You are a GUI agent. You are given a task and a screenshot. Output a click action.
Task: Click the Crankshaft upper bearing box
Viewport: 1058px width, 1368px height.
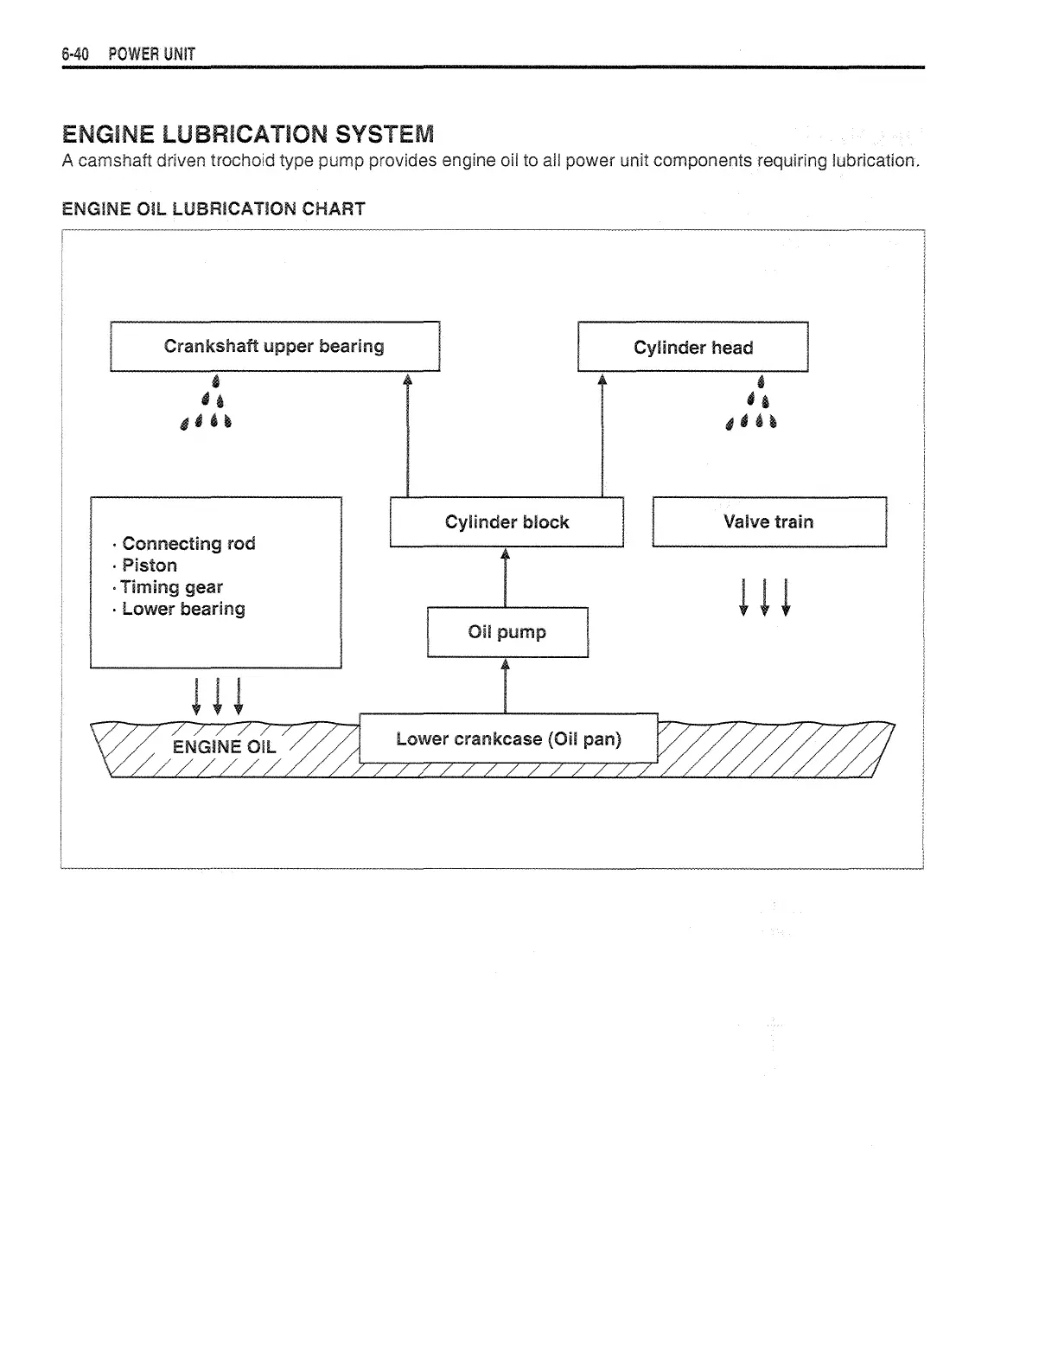(275, 347)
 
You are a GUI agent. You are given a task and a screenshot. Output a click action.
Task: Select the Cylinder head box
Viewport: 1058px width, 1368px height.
(692, 348)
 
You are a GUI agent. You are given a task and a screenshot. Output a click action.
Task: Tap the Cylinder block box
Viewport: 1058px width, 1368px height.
(507, 522)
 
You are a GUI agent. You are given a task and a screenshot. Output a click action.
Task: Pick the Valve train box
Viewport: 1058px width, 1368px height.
(768, 521)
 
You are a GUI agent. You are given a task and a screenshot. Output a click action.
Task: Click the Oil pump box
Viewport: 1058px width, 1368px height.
(507, 632)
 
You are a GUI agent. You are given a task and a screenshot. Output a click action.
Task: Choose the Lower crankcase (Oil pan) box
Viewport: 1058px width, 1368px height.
(508, 739)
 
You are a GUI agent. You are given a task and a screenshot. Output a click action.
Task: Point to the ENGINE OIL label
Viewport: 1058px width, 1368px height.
(224, 747)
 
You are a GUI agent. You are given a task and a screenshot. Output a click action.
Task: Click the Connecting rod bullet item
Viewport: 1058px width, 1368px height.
(188, 544)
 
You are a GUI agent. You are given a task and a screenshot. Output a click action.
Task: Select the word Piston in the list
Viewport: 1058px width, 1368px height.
(150, 566)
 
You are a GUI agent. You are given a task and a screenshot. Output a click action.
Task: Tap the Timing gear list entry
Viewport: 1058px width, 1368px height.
(171, 587)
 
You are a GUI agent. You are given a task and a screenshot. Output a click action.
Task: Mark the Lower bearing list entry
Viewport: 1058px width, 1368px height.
(183, 609)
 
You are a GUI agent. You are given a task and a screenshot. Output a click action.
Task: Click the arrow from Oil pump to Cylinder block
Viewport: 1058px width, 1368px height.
(505, 577)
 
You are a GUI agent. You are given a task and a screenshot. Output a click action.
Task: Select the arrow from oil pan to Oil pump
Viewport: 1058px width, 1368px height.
(505, 685)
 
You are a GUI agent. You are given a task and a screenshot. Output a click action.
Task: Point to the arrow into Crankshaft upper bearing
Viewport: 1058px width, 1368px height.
(407, 432)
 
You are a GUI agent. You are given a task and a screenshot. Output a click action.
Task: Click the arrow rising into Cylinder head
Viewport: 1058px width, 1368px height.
(602, 432)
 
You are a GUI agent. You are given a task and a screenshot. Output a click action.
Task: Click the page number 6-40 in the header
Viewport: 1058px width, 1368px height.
(75, 54)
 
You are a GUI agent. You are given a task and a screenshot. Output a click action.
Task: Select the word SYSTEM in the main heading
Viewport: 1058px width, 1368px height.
(385, 134)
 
